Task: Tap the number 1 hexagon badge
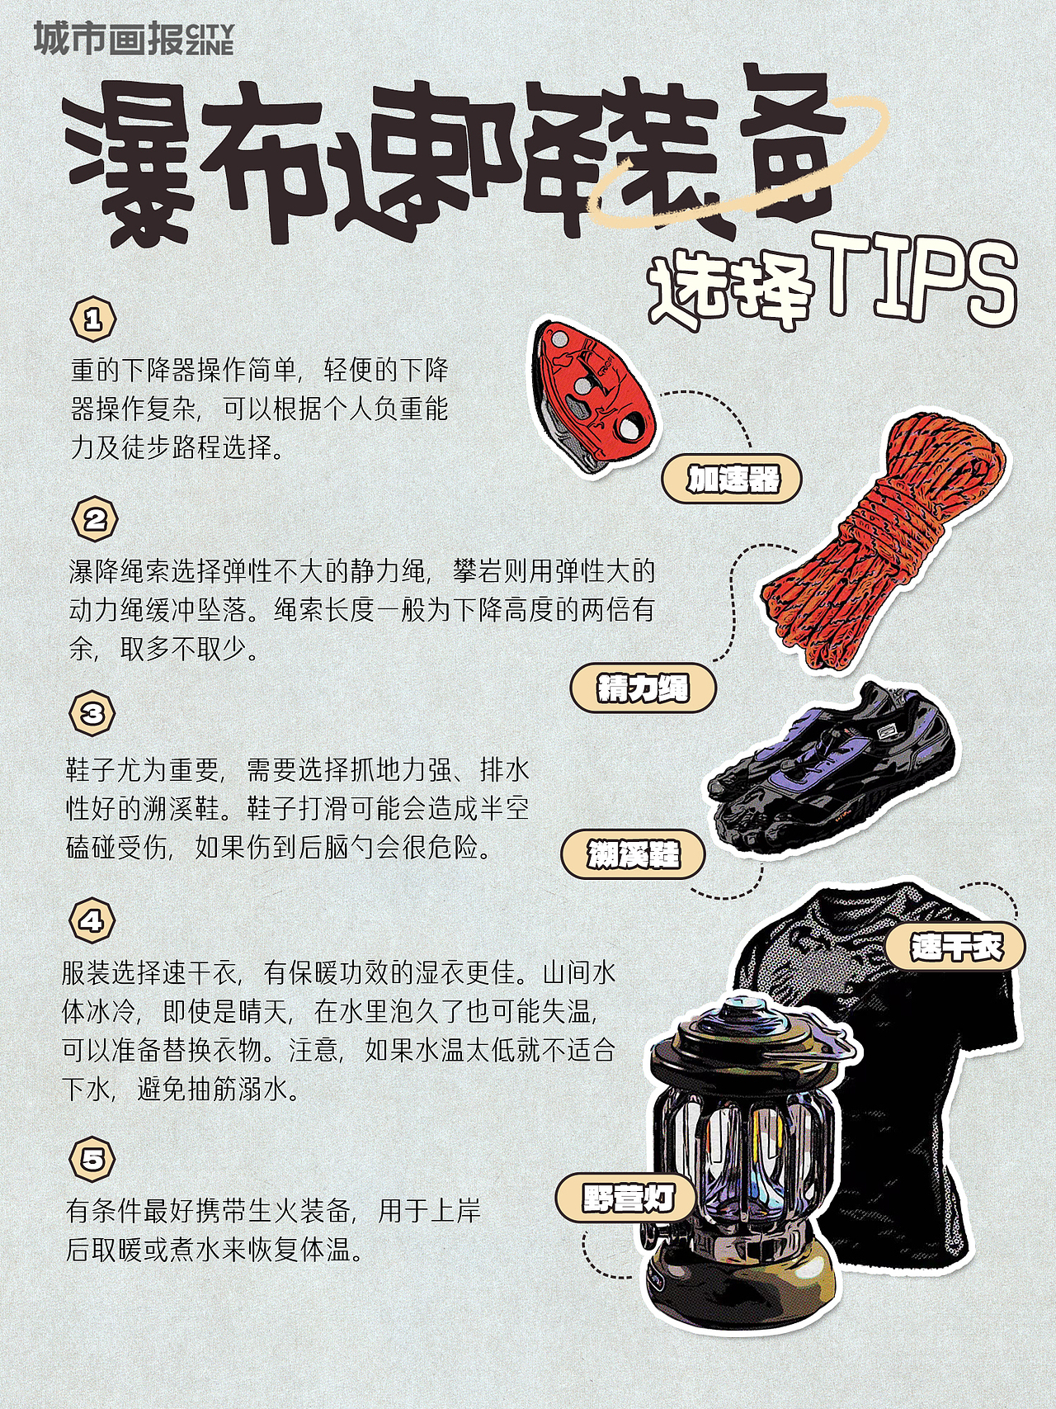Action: (93, 319)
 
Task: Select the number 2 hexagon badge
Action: (95, 519)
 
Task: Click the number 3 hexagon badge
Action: (92, 713)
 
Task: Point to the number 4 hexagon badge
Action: (92, 920)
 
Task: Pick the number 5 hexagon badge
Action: (92, 1159)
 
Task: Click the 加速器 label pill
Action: (732, 479)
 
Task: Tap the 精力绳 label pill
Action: (643, 688)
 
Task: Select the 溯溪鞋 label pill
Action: (633, 853)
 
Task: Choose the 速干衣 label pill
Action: (955, 946)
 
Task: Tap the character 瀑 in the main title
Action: (132, 165)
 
